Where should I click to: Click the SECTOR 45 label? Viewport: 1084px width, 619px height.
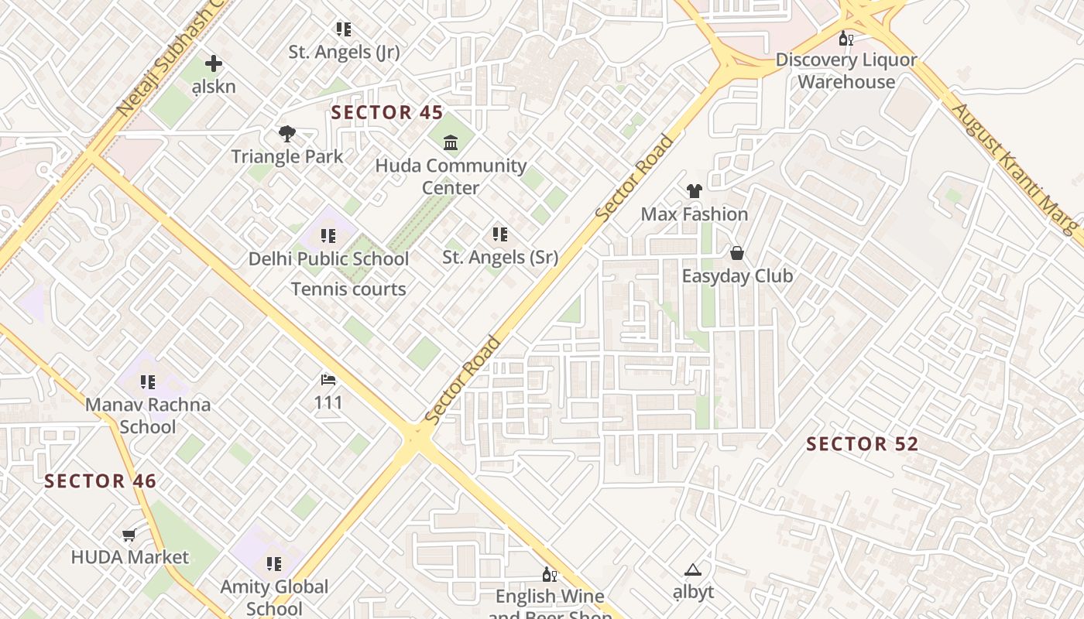pos(387,112)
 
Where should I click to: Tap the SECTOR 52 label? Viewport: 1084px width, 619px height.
pos(862,444)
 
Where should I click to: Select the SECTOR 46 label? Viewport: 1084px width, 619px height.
pos(101,481)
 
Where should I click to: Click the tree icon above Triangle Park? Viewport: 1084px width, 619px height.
pos(287,134)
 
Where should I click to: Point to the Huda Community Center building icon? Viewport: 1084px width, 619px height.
pos(451,142)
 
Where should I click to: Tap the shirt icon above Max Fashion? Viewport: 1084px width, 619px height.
pos(694,191)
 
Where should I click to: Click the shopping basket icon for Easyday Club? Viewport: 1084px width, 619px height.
pos(737,253)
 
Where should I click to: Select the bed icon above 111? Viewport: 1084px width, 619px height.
pos(328,380)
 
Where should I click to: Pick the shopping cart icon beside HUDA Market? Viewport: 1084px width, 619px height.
pos(129,535)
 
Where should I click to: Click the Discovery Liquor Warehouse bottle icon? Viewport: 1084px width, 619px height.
pos(846,38)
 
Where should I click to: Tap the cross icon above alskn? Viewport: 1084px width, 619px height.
pos(214,63)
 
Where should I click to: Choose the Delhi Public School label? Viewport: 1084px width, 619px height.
pos(328,258)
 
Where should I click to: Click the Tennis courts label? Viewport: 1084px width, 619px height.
pos(348,289)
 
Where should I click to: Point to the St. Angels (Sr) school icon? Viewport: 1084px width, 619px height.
pos(500,234)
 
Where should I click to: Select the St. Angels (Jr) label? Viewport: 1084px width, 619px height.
pos(344,53)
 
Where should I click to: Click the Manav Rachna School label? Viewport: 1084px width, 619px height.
pos(148,416)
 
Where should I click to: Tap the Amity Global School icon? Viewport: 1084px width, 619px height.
pos(274,564)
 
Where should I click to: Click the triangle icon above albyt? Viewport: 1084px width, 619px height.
pos(693,570)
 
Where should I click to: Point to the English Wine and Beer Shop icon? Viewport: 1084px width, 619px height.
pos(549,574)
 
